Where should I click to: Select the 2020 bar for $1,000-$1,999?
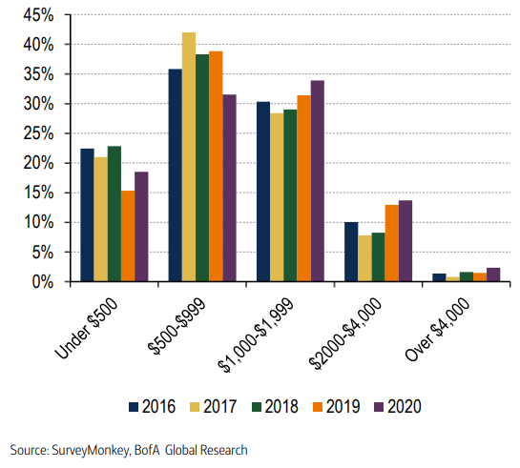pos(317,181)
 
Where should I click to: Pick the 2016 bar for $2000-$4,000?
pos(351,252)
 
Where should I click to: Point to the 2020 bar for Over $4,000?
pos(492,275)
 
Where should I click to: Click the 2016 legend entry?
pos(153,406)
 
